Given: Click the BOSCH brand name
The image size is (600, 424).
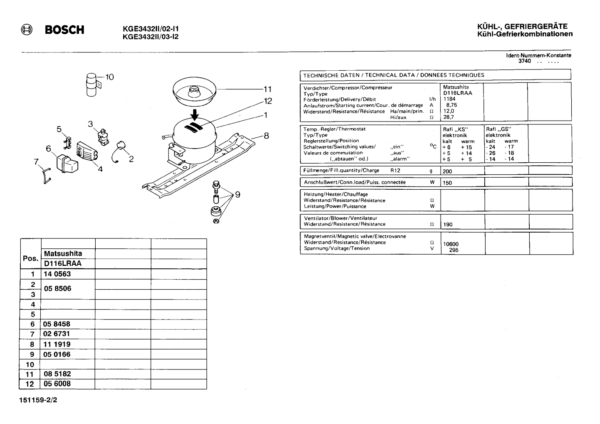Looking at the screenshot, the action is [64, 30].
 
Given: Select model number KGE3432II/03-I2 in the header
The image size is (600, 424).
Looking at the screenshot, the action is [151, 37].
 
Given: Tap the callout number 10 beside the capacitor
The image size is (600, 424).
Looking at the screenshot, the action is [109, 77].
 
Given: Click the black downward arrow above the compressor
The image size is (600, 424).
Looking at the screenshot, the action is [195, 114].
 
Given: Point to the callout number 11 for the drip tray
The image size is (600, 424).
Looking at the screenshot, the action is [268, 89].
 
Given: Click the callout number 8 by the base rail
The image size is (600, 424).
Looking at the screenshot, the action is [266, 136].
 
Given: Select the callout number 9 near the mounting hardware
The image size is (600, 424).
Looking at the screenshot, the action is [238, 194].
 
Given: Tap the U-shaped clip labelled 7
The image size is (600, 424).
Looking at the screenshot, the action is [47, 176].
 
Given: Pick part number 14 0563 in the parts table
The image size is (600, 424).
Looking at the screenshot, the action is [57, 274].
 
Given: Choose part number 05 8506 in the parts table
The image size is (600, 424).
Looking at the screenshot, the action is [57, 288].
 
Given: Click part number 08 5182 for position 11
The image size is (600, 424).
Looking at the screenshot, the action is [57, 374].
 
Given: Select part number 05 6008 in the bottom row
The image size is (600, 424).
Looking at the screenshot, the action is [57, 384].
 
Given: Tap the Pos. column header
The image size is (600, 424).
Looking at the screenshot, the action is [30, 258].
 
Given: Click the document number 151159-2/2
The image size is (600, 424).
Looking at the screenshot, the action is [38, 400].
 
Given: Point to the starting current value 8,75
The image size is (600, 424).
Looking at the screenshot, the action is [451, 105].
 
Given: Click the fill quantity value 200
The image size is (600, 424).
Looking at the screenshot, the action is [447, 171].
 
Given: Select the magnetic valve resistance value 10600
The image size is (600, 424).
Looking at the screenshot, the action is [451, 244].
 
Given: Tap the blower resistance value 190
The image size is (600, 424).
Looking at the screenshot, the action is [448, 224].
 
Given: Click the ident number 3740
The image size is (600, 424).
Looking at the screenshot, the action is [524, 61].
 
